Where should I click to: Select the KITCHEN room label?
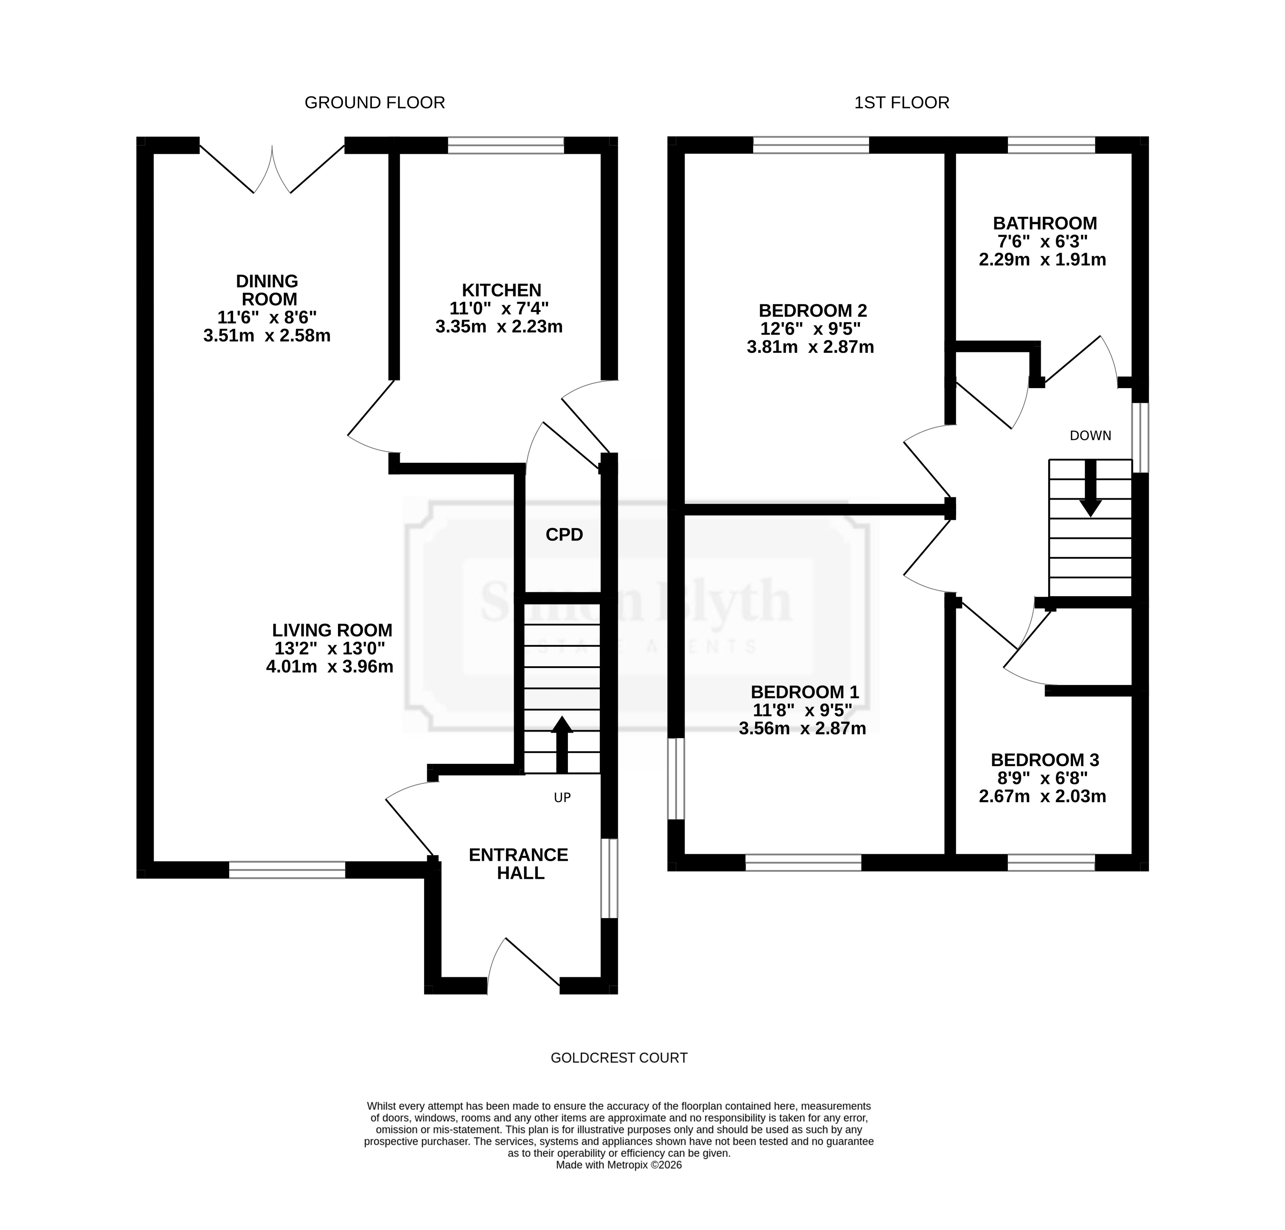[x=502, y=290]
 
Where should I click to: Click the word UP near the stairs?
[x=563, y=798]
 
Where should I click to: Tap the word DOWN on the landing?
[x=1090, y=436]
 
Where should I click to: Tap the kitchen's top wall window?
[x=505, y=145]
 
